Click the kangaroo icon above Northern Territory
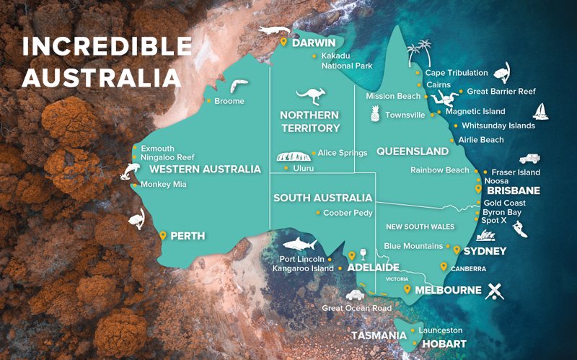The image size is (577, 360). tap(311, 96)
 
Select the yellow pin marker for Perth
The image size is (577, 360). tap(163, 235)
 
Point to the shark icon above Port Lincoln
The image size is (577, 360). tap(299, 243)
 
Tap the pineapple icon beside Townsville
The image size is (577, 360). tap(374, 114)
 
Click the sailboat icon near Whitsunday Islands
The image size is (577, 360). tap(542, 110)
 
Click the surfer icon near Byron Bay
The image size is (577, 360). tap(519, 229)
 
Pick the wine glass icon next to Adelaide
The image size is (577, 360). tap(363, 255)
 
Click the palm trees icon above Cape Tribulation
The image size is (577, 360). tap(418, 53)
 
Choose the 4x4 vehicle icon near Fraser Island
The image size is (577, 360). tap(529, 158)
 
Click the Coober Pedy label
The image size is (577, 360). tap(348, 213)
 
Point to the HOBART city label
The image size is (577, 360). tap(444, 344)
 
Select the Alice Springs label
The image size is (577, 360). tap(343, 153)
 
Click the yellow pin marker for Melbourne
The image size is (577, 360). tap(408, 289)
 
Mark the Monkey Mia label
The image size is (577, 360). tap(164, 184)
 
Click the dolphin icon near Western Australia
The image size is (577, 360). tap(133, 170)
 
